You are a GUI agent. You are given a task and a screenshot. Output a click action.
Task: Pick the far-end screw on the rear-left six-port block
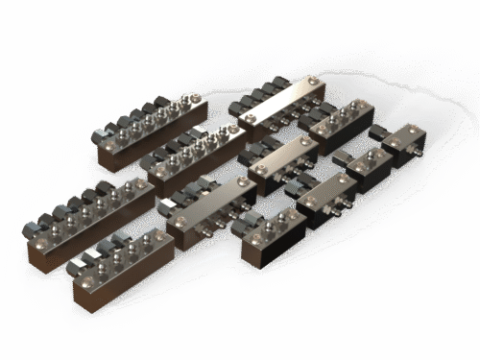coord(195,97)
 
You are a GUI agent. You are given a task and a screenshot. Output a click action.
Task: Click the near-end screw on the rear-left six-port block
coord(107,146)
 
